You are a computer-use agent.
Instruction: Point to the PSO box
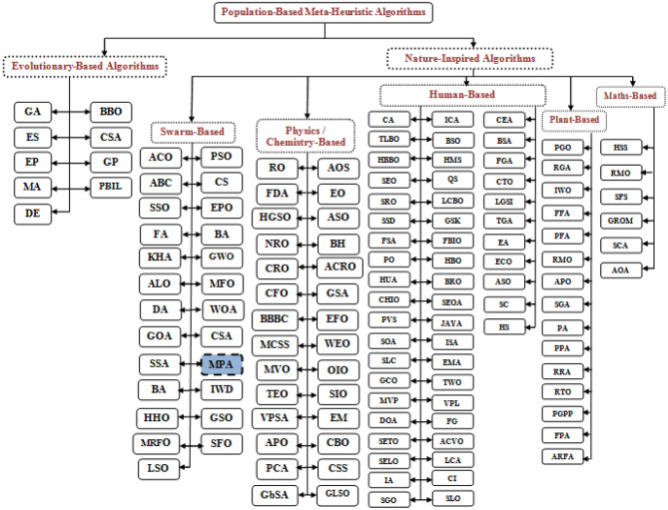[x=220, y=157]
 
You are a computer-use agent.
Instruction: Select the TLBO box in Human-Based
[x=389, y=141]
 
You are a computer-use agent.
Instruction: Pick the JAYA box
[x=451, y=320]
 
